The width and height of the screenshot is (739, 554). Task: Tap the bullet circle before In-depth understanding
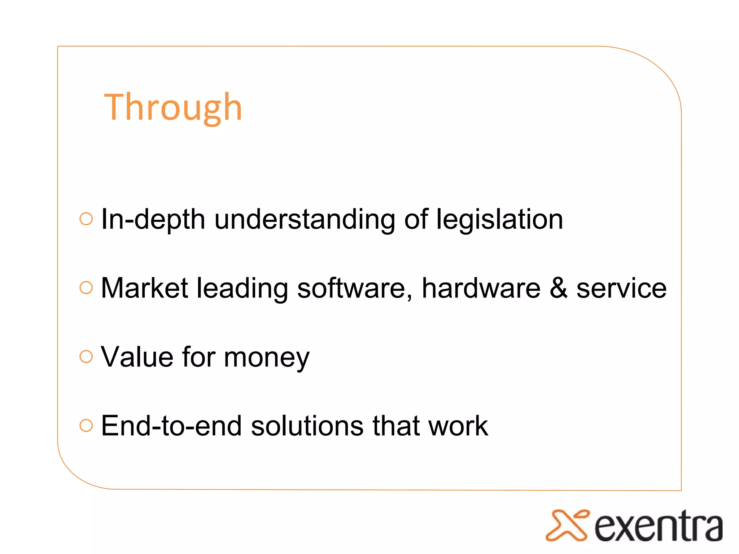coord(86,219)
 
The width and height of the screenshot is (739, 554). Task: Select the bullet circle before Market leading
coord(86,287)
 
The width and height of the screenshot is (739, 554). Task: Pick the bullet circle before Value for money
coord(86,356)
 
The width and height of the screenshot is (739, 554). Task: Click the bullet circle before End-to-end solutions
coord(86,425)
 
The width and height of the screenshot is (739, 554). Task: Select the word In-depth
coord(153,219)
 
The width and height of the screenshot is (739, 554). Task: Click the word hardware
coord(481,288)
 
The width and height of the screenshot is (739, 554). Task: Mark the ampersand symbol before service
coord(558,288)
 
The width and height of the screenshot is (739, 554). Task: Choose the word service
coord(621,288)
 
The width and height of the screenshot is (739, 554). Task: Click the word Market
coord(144,288)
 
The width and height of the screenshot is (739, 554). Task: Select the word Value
coord(137,357)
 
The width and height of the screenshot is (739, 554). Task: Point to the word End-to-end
coord(171,426)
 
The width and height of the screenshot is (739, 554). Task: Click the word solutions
coord(307,426)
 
